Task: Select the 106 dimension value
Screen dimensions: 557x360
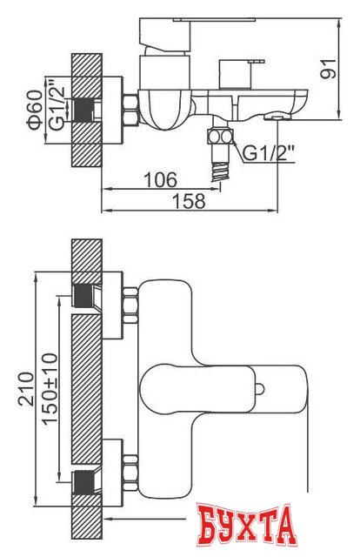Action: [x=161, y=179]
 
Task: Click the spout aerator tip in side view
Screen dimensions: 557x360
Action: [x=276, y=115]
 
